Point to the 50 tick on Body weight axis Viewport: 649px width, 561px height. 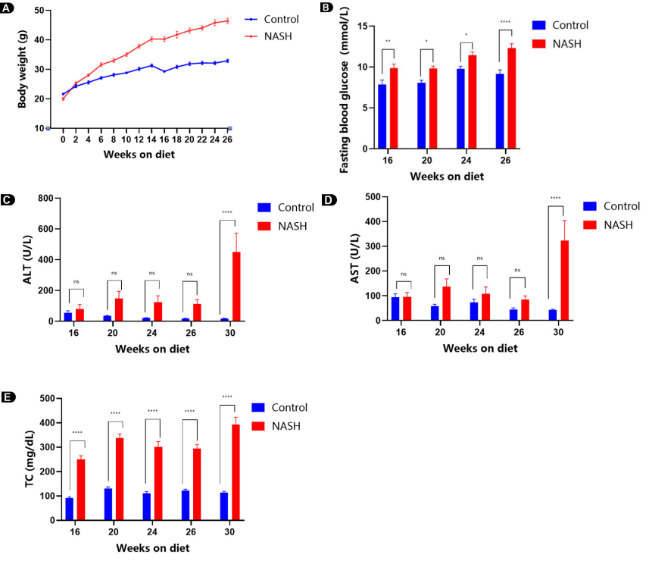pyautogui.click(x=38, y=11)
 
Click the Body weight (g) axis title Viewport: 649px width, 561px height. pyautogui.click(x=22, y=69)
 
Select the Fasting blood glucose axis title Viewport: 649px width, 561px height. pyautogui.click(x=345, y=89)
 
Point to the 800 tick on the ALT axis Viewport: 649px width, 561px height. pyautogui.click(x=42, y=199)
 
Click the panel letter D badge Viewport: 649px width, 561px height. pyautogui.click(x=329, y=201)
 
